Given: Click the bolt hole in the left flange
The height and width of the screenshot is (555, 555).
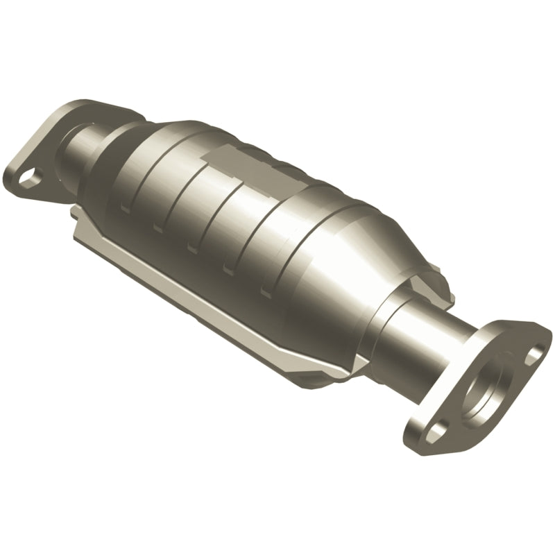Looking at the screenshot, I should pos(29,179).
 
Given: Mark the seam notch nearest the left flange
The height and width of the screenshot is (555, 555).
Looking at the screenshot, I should pos(125,208).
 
